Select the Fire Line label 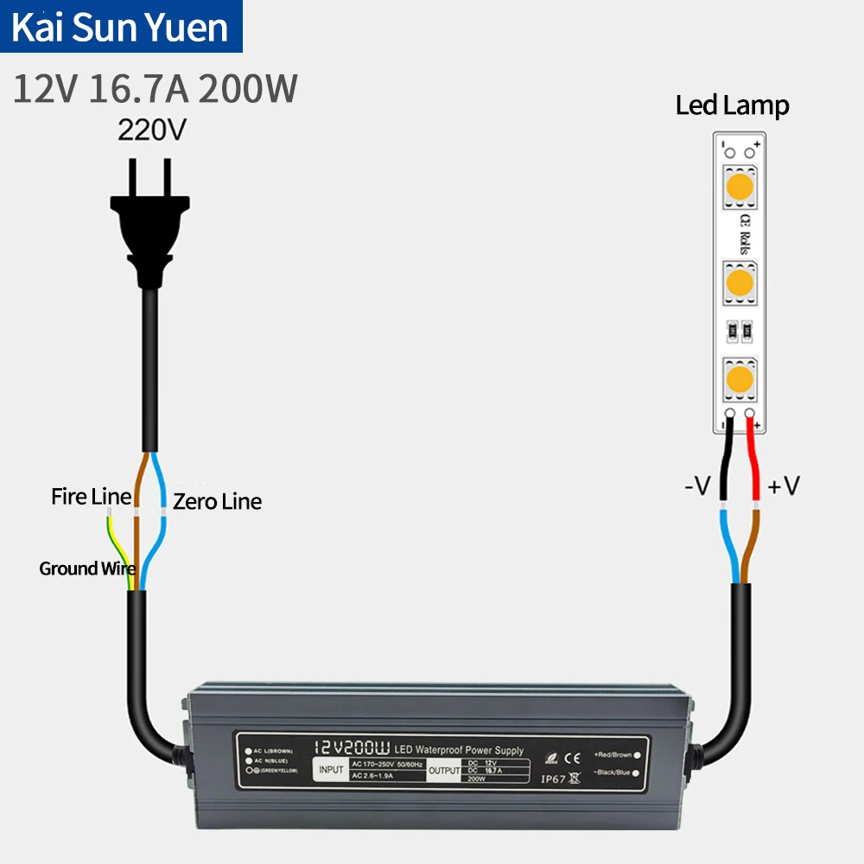point(91,497)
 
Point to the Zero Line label point(217,501)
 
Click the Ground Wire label point(86,569)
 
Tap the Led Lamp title point(732,106)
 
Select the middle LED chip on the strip point(739,281)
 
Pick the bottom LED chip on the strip point(739,378)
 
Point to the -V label point(697,487)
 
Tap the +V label point(784,487)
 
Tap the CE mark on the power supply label point(571,758)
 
